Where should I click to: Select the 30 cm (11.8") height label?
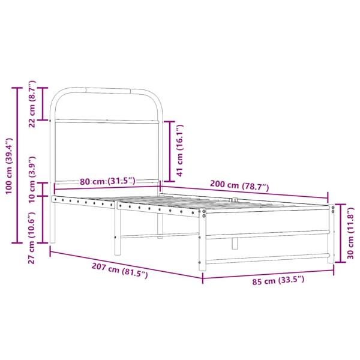pos(352,233)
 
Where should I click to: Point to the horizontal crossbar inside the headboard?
pos(108,122)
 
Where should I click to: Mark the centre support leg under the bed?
pos(234,243)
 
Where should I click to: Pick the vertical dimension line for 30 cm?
pos(340,233)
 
